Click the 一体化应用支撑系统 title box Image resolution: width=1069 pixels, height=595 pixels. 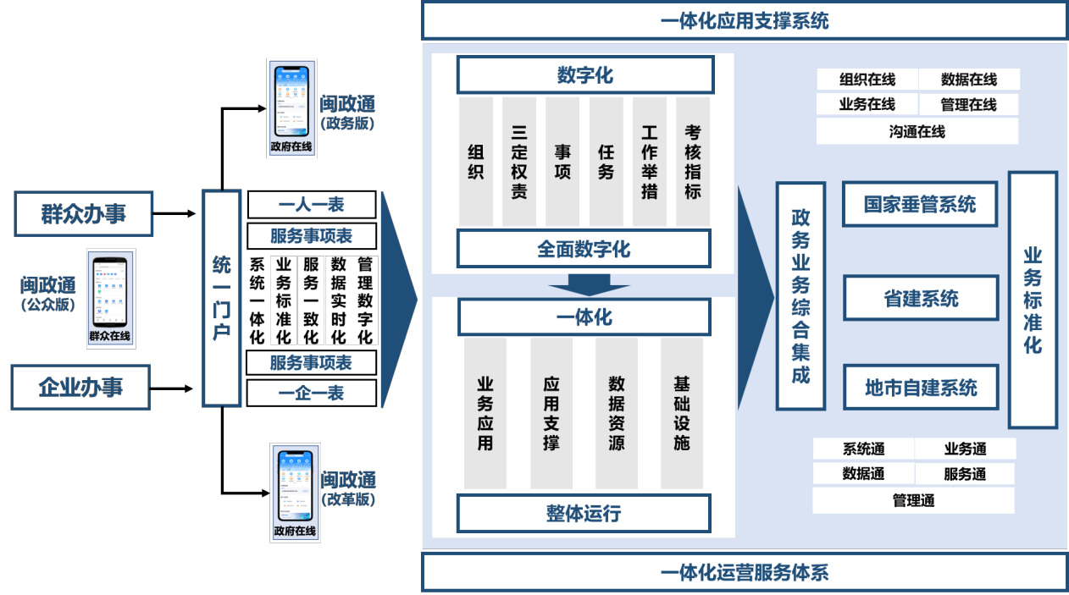(744, 20)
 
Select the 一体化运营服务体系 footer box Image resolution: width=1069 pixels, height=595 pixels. (744, 573)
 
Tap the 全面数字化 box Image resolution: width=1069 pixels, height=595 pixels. (584, 250)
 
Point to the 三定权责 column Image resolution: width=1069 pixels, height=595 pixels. (519, 162)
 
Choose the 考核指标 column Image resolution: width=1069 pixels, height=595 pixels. (693, 162)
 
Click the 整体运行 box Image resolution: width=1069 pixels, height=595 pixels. (584, 513)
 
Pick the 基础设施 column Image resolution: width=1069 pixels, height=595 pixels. (682, 413)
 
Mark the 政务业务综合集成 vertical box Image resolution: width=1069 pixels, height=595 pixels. (800, 296)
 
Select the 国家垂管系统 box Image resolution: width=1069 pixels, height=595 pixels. (920, 204)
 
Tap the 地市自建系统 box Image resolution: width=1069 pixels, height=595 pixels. (921, 388)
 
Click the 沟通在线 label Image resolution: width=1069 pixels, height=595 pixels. (917, 131)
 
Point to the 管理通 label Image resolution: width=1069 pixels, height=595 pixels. (913, 500)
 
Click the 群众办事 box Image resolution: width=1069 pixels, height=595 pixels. (83, 213)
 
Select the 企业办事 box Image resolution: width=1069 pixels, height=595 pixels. (80, 387)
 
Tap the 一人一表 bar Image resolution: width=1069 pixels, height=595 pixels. (312, 205)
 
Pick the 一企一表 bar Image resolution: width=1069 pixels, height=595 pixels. (312, 393)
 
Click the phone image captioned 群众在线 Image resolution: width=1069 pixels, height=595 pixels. (110, 298)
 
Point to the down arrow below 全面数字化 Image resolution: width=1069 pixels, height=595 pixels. (583, 284)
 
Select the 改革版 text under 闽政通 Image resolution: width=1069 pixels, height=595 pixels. (348, 499)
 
